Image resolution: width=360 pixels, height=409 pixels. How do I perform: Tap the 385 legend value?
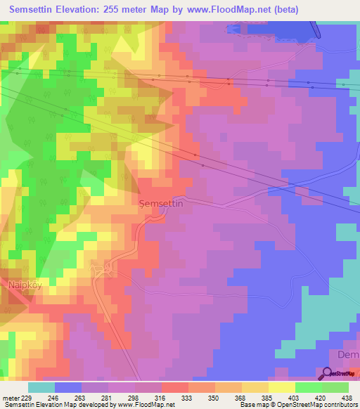tap(266, 397)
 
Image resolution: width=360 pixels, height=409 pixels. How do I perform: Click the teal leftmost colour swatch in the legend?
tap(41, 387)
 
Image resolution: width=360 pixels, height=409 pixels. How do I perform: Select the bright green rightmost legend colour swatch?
tap(335, 387)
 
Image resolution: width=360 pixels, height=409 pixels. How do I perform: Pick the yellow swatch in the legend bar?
tap(281, 387)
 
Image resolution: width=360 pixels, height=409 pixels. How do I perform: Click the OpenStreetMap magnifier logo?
tap(327, 374)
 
